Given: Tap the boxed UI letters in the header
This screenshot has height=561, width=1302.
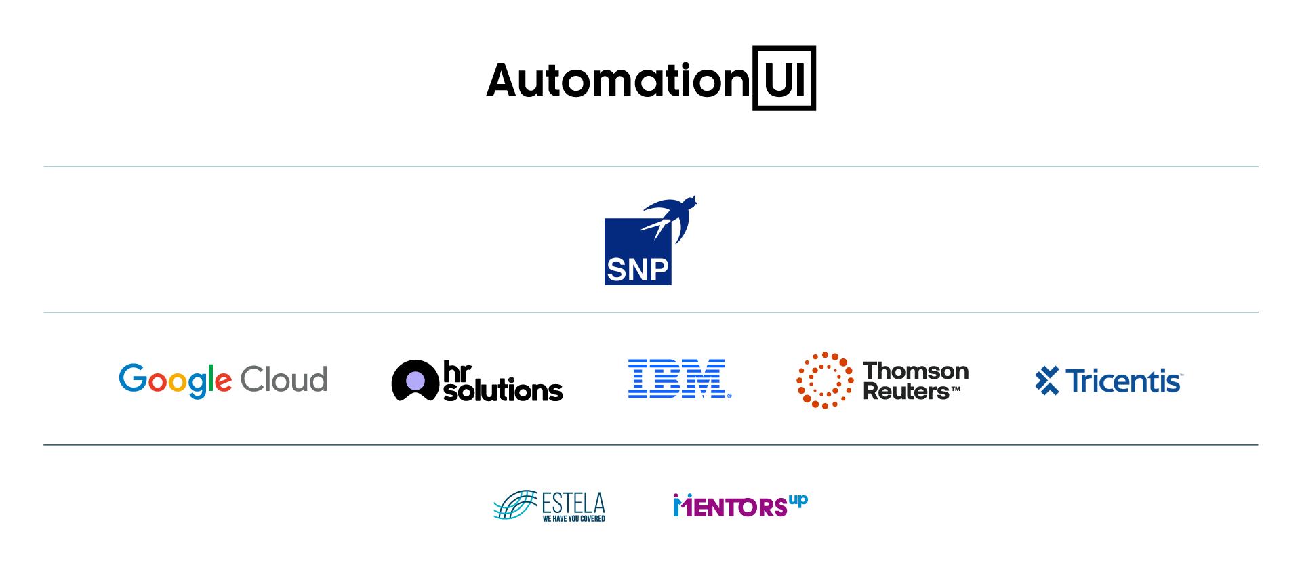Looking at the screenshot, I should (x=784, y=79).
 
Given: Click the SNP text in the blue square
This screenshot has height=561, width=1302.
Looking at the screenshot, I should (x=637, y=270).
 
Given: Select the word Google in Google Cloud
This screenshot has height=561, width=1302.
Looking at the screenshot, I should (x=176, y=379).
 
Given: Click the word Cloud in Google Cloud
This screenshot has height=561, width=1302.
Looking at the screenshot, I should (x=284, y=379).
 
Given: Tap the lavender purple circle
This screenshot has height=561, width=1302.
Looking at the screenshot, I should (x=415, y=381).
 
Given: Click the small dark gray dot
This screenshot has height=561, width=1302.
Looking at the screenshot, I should (x=511, y=380).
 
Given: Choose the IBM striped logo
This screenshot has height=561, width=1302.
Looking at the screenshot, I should (x=679, y=379).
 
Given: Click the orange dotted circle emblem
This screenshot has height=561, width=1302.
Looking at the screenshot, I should (x=825, y=380).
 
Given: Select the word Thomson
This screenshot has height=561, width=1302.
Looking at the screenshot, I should (x=915, y=371).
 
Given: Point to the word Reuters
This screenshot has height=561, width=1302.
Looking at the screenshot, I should (x=906, y=392).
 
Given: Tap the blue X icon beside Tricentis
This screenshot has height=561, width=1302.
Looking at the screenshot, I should (x=1047, y=380).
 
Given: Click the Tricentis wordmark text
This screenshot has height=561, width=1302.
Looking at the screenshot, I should (x=1124, y=381).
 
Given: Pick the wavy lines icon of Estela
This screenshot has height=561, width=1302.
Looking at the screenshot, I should (x=515, y=505).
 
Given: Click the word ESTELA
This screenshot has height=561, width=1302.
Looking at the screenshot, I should (x=573, y=503).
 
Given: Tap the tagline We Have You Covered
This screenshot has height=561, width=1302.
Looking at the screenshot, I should (x=573, y=519).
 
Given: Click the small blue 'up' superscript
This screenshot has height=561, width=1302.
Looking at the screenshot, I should (x=798, y=501).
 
